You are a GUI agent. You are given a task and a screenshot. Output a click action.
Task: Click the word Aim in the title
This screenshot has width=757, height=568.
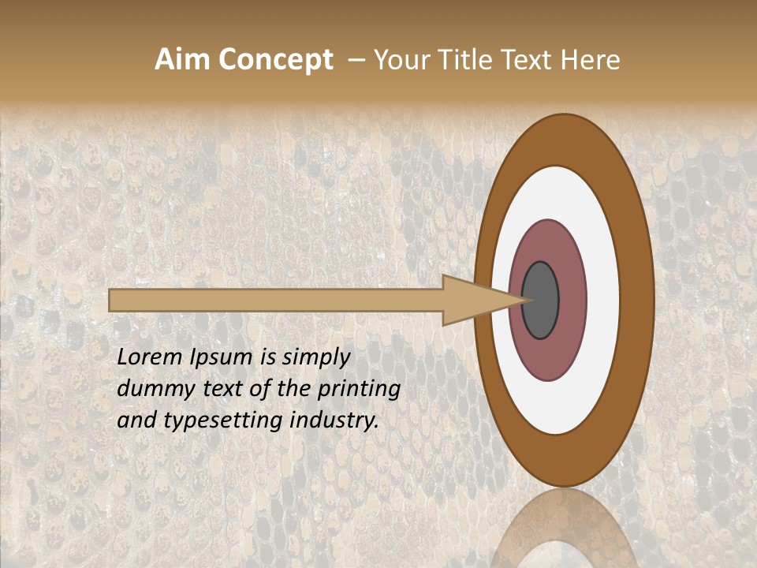pyautogui.click(x=183, y=60)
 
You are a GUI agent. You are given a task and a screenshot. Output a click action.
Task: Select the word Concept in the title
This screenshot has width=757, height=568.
pyautogui.click(x=275, y=60)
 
